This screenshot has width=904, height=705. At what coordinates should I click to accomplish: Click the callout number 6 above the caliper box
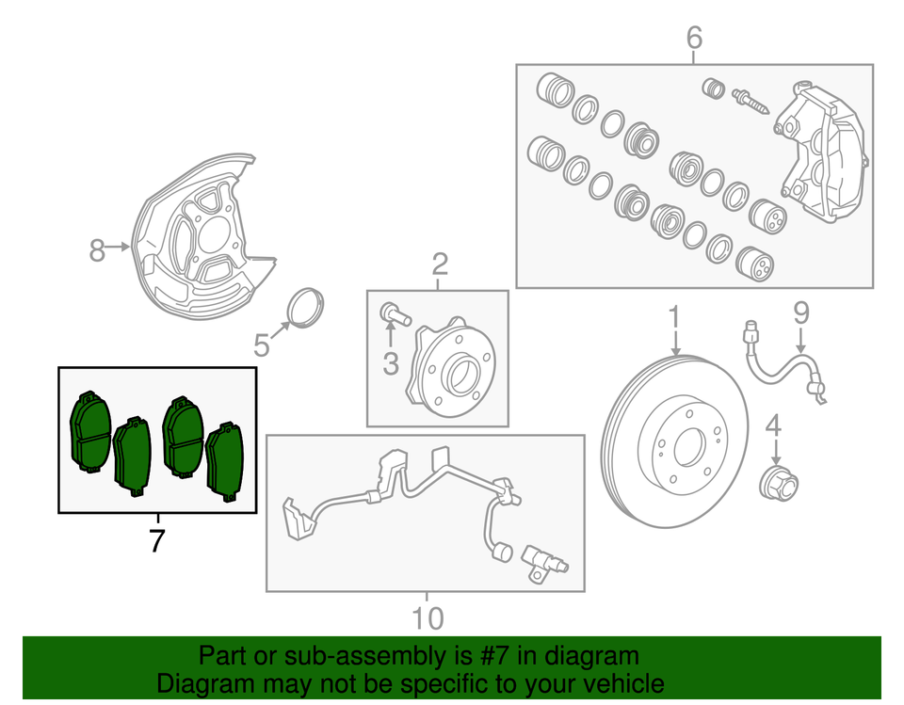click(x=694, y=39)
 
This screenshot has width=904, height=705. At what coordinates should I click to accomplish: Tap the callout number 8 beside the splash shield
click(x=98, y=250)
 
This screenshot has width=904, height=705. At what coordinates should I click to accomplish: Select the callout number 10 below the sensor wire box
click(x=427, y=618)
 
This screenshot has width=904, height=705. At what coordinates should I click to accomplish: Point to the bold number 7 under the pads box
click(x=157, y=541)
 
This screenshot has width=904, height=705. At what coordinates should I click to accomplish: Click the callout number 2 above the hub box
click(x=439, y=266)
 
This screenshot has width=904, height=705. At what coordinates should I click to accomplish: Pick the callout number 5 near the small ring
click(x=262, y=347)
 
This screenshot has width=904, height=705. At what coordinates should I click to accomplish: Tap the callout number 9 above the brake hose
click(x=800, y=312)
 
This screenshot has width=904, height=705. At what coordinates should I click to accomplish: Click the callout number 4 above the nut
click(x=773, y=426)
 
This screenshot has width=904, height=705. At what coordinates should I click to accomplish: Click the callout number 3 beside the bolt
click(x=391, y=361)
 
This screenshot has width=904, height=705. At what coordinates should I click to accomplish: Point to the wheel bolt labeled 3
click(x=394, y=313)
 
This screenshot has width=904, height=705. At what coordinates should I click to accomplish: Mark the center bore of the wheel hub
click(x=461, y=377)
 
